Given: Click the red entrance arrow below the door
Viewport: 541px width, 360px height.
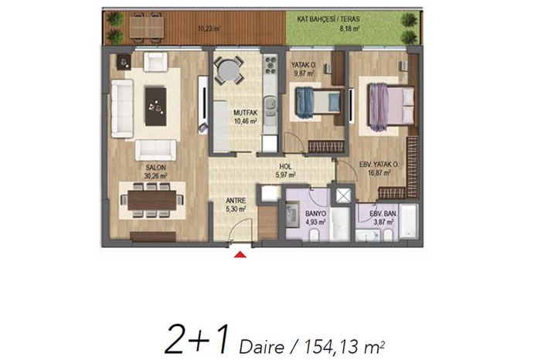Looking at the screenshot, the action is click(240, 255).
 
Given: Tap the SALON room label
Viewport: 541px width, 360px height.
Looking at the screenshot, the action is click(155, 168).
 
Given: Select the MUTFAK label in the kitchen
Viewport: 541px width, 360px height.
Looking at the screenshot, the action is click(245, 113).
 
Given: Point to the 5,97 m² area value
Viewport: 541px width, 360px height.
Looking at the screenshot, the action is click(285, 175).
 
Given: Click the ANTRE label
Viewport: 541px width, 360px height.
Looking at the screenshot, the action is click(236, 200).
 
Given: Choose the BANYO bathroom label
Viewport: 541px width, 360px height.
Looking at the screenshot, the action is click(315, 214).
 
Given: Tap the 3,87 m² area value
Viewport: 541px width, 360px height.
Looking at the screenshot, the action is click(383, 222).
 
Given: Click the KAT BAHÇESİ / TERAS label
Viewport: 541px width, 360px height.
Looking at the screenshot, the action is click(328, 19).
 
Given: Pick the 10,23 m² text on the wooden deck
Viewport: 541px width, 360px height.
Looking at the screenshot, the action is click(209, 29).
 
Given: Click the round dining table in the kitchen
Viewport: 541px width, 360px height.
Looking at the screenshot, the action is click(229, 71).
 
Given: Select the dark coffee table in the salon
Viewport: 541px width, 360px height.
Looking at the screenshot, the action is click(156, 106).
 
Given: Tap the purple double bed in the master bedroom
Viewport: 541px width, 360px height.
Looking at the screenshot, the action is click(392, 107).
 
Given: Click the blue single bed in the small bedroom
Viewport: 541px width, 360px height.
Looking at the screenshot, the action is click(318, 102).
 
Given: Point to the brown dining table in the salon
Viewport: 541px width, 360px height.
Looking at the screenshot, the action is click(151, 200).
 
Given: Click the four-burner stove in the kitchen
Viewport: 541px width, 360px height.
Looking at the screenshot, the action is click(270, 64).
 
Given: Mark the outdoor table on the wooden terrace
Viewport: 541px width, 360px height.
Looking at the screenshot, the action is click(147, 28).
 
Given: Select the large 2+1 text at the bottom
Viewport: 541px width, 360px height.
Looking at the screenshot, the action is click(197, 339).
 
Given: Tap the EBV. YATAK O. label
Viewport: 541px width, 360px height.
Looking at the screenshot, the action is click(379, 165).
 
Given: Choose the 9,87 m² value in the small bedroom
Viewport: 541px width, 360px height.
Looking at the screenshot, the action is click(303, 73).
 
